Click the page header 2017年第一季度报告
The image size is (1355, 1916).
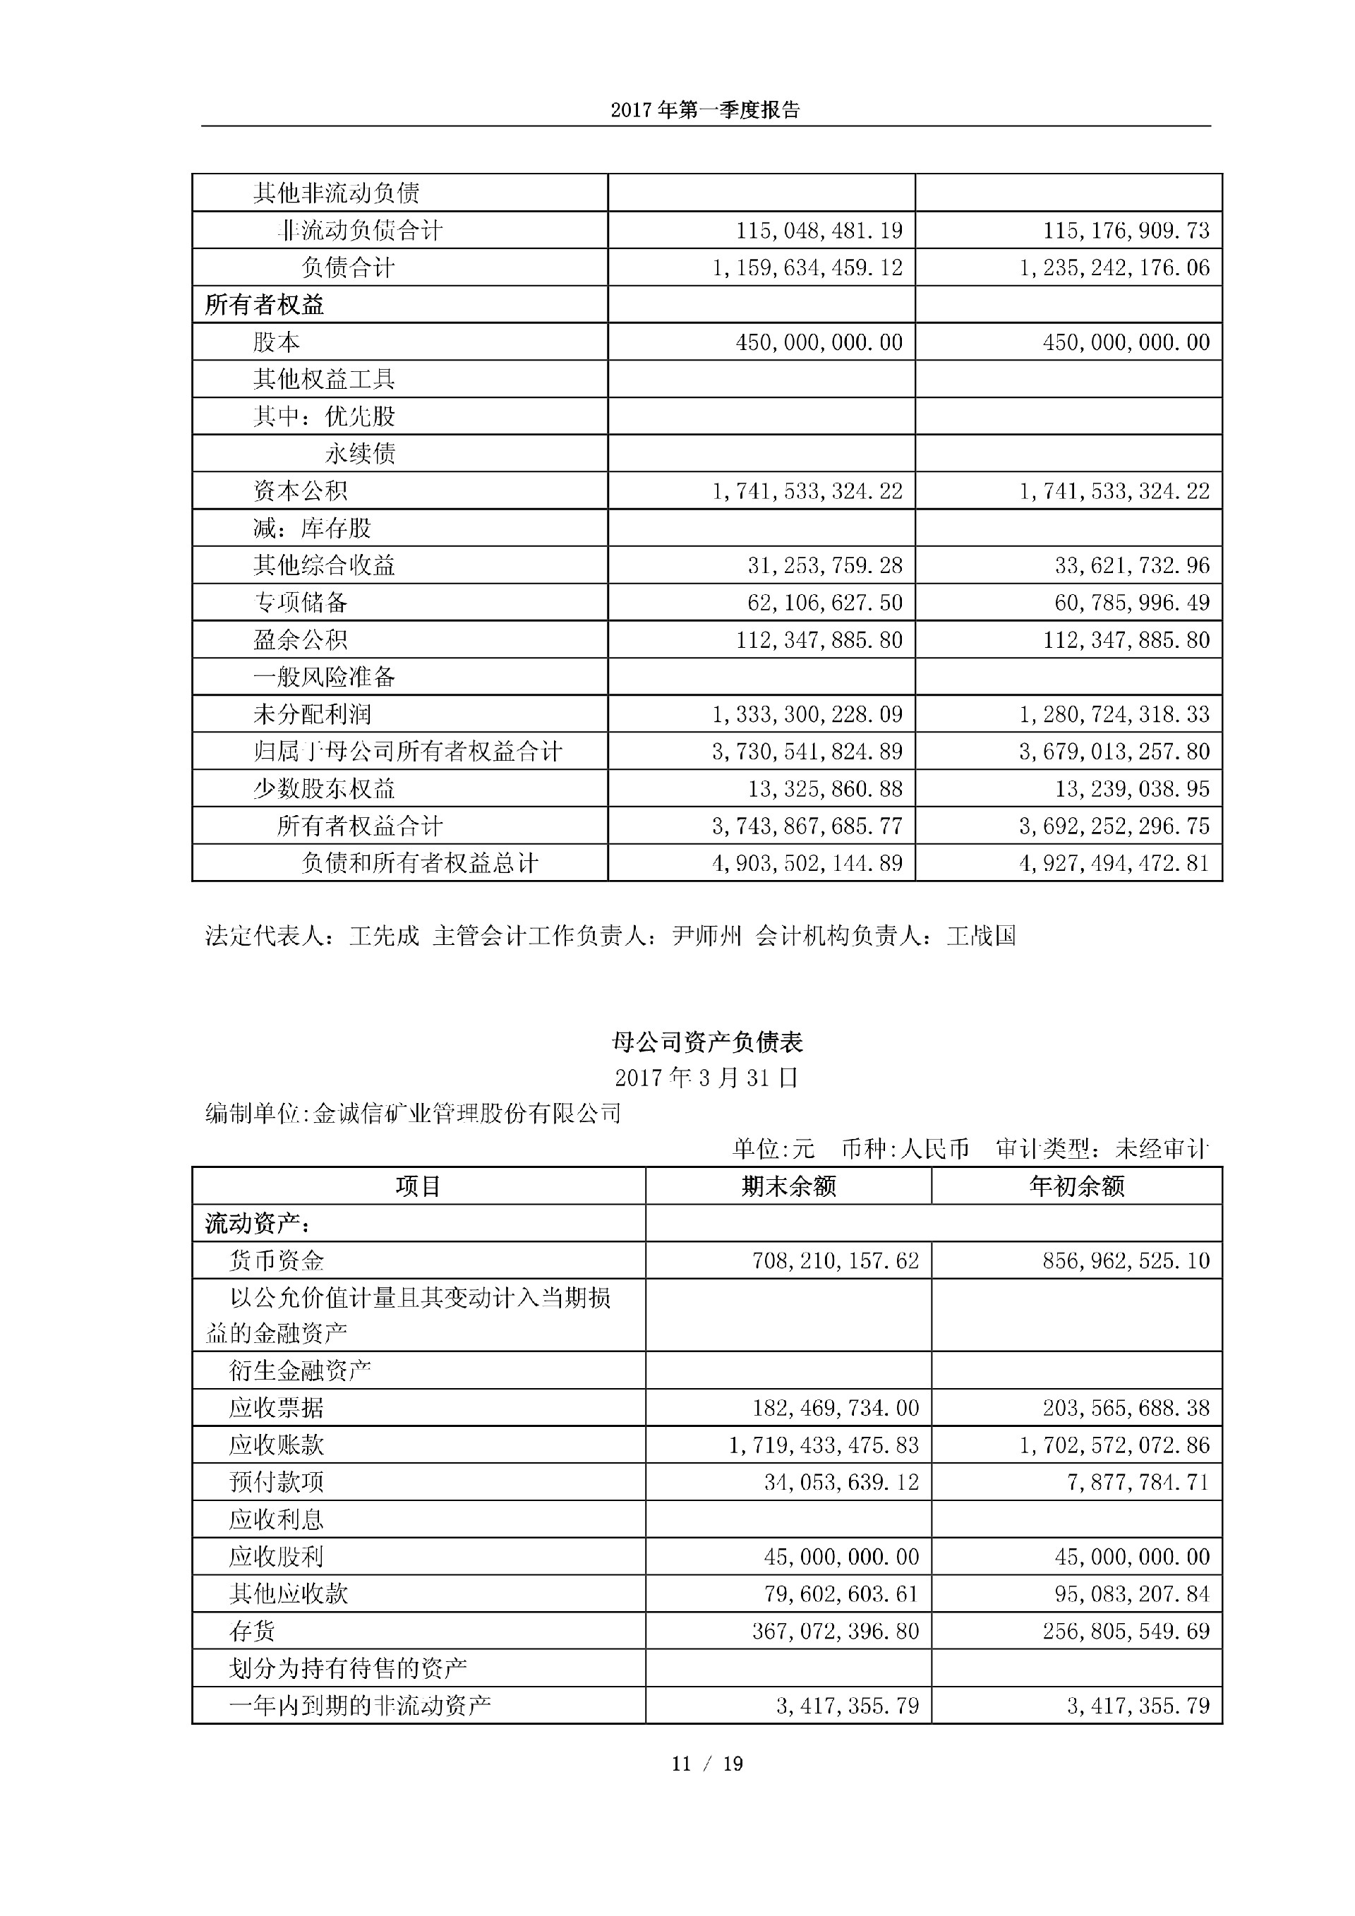tap(705, 110)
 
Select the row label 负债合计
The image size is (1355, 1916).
tap(348, 268)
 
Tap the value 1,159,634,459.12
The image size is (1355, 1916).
tap(807, 268)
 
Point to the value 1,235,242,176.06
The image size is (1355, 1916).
tap(1114, 268)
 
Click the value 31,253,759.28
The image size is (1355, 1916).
tap(824, 566)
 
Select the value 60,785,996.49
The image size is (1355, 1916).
tap(1131, 603)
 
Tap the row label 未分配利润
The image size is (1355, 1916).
tap(312, 714)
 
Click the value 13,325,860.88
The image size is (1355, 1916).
tap(824, 788)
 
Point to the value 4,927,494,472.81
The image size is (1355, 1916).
tap(1114, 863)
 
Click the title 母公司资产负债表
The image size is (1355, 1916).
tap(706, 1042)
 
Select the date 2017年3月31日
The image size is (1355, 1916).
tap(706, 1078)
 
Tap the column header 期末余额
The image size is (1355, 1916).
tap(788, 1186)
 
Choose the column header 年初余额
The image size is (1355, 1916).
tap(1076, 1186)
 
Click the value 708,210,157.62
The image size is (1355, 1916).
tap(835, 1260)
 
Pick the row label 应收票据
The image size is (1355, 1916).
tap(276, 1408)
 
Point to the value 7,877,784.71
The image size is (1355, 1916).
tap(1137, 1482)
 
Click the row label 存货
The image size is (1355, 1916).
tap(252, 1631)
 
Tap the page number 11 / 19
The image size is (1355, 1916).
tap(706, 1764)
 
